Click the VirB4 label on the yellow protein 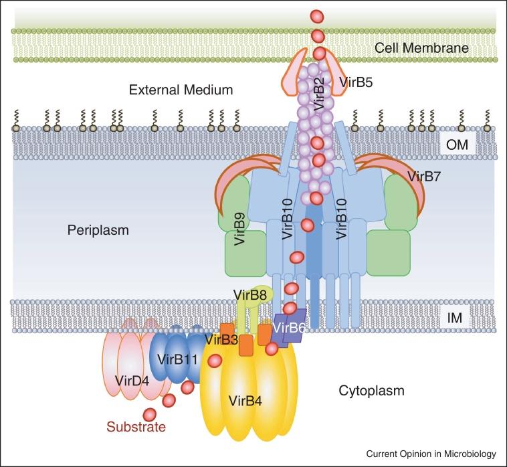point(245,401)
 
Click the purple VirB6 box point(287,329)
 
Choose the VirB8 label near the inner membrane point(251,293)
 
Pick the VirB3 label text point(222,339)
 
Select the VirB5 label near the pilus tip point(355,83)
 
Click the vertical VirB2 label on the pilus point(319,94)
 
